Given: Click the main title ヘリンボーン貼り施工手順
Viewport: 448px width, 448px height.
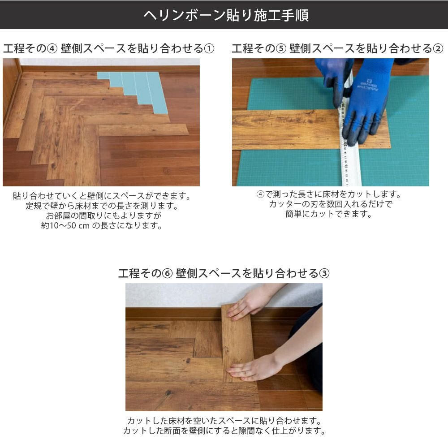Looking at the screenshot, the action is (x=226, y=15).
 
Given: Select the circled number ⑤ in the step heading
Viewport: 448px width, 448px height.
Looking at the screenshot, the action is (x=281, y=48).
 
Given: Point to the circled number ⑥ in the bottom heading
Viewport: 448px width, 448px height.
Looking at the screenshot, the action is (x=167, y=273).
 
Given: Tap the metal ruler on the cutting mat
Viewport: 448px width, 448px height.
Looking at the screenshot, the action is (x=349, y=134).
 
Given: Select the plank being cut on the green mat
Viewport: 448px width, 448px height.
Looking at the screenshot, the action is (x=311, y=130).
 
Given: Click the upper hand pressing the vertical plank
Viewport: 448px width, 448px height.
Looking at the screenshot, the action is (x=251, y=303).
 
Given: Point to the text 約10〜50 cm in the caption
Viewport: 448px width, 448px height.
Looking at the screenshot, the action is (x=65, y=226).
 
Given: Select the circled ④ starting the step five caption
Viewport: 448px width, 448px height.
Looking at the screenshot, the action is (x=260, y=194).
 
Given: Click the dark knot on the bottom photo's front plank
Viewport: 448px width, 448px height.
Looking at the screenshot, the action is (x=168, y=393).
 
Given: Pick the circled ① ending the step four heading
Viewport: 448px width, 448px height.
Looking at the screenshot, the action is (x=209, y=48).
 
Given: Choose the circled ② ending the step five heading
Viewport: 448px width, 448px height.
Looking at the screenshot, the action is (x=438, y=48).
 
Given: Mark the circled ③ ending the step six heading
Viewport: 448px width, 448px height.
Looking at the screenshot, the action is (x=324, y=273).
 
